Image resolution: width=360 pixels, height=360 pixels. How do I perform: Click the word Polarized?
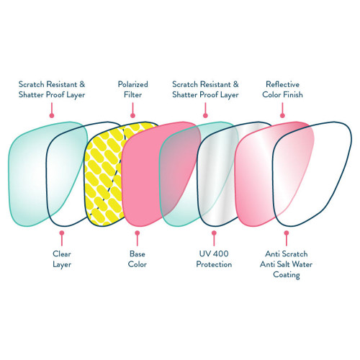132,84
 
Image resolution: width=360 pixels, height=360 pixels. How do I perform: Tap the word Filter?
132,95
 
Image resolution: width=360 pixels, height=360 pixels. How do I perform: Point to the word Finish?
296,95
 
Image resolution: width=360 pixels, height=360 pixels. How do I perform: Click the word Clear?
61,253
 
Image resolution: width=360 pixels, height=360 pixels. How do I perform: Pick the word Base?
138,253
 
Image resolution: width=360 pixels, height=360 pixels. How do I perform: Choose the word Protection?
213,264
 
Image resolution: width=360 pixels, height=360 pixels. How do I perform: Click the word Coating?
287,275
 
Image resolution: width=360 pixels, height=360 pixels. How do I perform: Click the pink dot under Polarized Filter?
132,113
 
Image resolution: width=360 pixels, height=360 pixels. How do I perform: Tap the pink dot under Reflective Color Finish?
282,113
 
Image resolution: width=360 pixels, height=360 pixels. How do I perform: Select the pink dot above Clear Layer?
61,233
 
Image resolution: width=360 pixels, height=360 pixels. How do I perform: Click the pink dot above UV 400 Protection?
213,233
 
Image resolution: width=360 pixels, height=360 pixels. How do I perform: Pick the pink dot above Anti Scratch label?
287,233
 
